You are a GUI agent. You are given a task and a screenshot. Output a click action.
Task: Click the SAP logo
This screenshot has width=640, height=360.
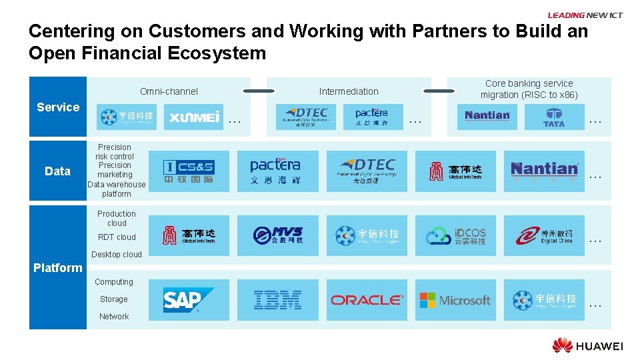pyautogui.click(x=189, y=300)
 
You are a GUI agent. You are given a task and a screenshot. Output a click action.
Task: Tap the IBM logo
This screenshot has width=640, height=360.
pyautogui.click(x=278, y=300)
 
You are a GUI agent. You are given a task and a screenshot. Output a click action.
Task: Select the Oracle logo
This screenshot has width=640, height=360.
pyautogui.click(x=367, y=300)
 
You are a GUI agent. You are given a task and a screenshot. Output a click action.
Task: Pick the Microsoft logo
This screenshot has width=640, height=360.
pyautogui.click(x=455, y=300)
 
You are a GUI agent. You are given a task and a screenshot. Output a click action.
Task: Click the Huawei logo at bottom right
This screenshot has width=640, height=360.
pyautogui.click(x=587, y=345)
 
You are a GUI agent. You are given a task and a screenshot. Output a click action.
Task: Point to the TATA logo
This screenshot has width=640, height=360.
pyautogui.click(x=553, y=117)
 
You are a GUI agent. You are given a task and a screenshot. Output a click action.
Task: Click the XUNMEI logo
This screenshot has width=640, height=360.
pyautogui.click(x=194, y=117)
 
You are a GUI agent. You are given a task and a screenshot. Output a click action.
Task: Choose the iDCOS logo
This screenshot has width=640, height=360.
pyautogui.click(x=456, y=236)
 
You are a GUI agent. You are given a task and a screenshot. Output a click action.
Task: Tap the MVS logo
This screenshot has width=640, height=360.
pyautogui.click(x=278, y=235)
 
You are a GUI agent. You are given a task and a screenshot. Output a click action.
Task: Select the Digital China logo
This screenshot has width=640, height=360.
pyautogui.click(x=544, y=235)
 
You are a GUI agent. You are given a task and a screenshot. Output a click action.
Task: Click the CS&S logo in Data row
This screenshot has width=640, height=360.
pyautogui.click(x=189, y=171)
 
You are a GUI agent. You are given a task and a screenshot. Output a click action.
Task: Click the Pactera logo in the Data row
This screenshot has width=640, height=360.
pyautogui.click(x=275, y=171)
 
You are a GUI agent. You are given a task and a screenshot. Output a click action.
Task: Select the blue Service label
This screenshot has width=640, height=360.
pyautogui.click(x=58, y=107)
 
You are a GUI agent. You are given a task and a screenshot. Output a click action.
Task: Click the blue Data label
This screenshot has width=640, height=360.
pyautogui.click(x=58, y=171)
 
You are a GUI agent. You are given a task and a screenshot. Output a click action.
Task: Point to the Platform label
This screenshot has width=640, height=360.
pyautogui.click(x=58, y=267)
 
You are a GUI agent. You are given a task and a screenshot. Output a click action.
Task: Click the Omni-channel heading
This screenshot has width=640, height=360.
pyautogui.click(x=169, y=91)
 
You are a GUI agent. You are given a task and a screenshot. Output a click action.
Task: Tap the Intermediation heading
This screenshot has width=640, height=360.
pyautogui.click(x=349, y=91)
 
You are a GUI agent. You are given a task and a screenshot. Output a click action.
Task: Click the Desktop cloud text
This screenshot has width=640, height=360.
pyautogui.click(x=117, y=254)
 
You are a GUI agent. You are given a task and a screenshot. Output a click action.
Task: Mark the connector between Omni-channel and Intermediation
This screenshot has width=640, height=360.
pyautogui.click(x=259, y=91)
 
